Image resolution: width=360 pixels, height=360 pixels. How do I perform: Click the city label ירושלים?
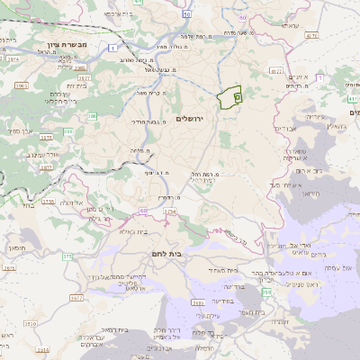[192, 119]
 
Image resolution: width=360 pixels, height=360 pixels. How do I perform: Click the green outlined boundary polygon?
[232, 94]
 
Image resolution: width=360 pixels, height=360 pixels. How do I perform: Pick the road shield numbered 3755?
[49, 202]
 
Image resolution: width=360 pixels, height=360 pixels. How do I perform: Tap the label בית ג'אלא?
[132, 230]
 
